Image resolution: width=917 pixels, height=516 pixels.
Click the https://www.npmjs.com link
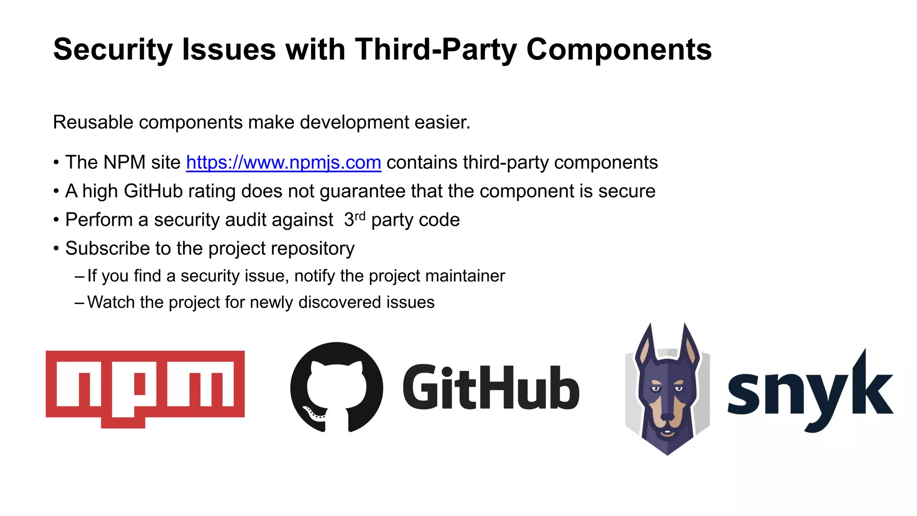(x=283, y=163)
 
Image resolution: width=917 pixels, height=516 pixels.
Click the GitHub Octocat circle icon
(x=337, y=387)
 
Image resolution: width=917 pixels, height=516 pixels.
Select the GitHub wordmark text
(x=491, y=388)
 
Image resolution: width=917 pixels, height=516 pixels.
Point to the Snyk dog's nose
(x=667, y=417)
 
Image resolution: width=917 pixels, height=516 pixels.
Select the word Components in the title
(x=619, y=49)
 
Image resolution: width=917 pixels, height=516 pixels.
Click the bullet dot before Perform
(x=56, y=220)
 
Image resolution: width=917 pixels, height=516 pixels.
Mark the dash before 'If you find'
(x=79, y=276)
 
